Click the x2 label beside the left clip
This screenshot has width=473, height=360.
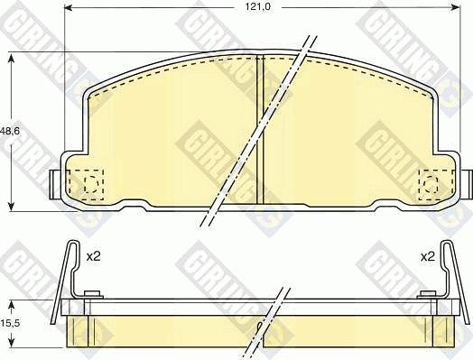[92, 257]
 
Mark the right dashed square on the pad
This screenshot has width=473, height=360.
[431, 184]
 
